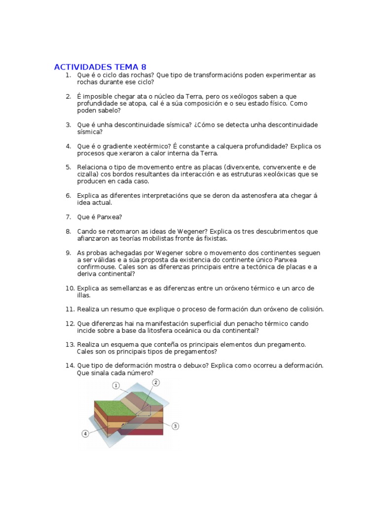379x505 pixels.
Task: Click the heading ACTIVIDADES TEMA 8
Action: tap(100, 67)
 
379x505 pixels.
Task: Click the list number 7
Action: tap(69, 217)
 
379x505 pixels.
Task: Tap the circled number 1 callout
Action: tap(116, 386)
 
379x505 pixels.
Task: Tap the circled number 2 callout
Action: tap(155, 382)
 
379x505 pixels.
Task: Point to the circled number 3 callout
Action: tap(175, 426)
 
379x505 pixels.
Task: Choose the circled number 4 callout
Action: tap(85, 433)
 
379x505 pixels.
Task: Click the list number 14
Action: tap(69, 365)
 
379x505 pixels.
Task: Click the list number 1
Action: tap(69, 75)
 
